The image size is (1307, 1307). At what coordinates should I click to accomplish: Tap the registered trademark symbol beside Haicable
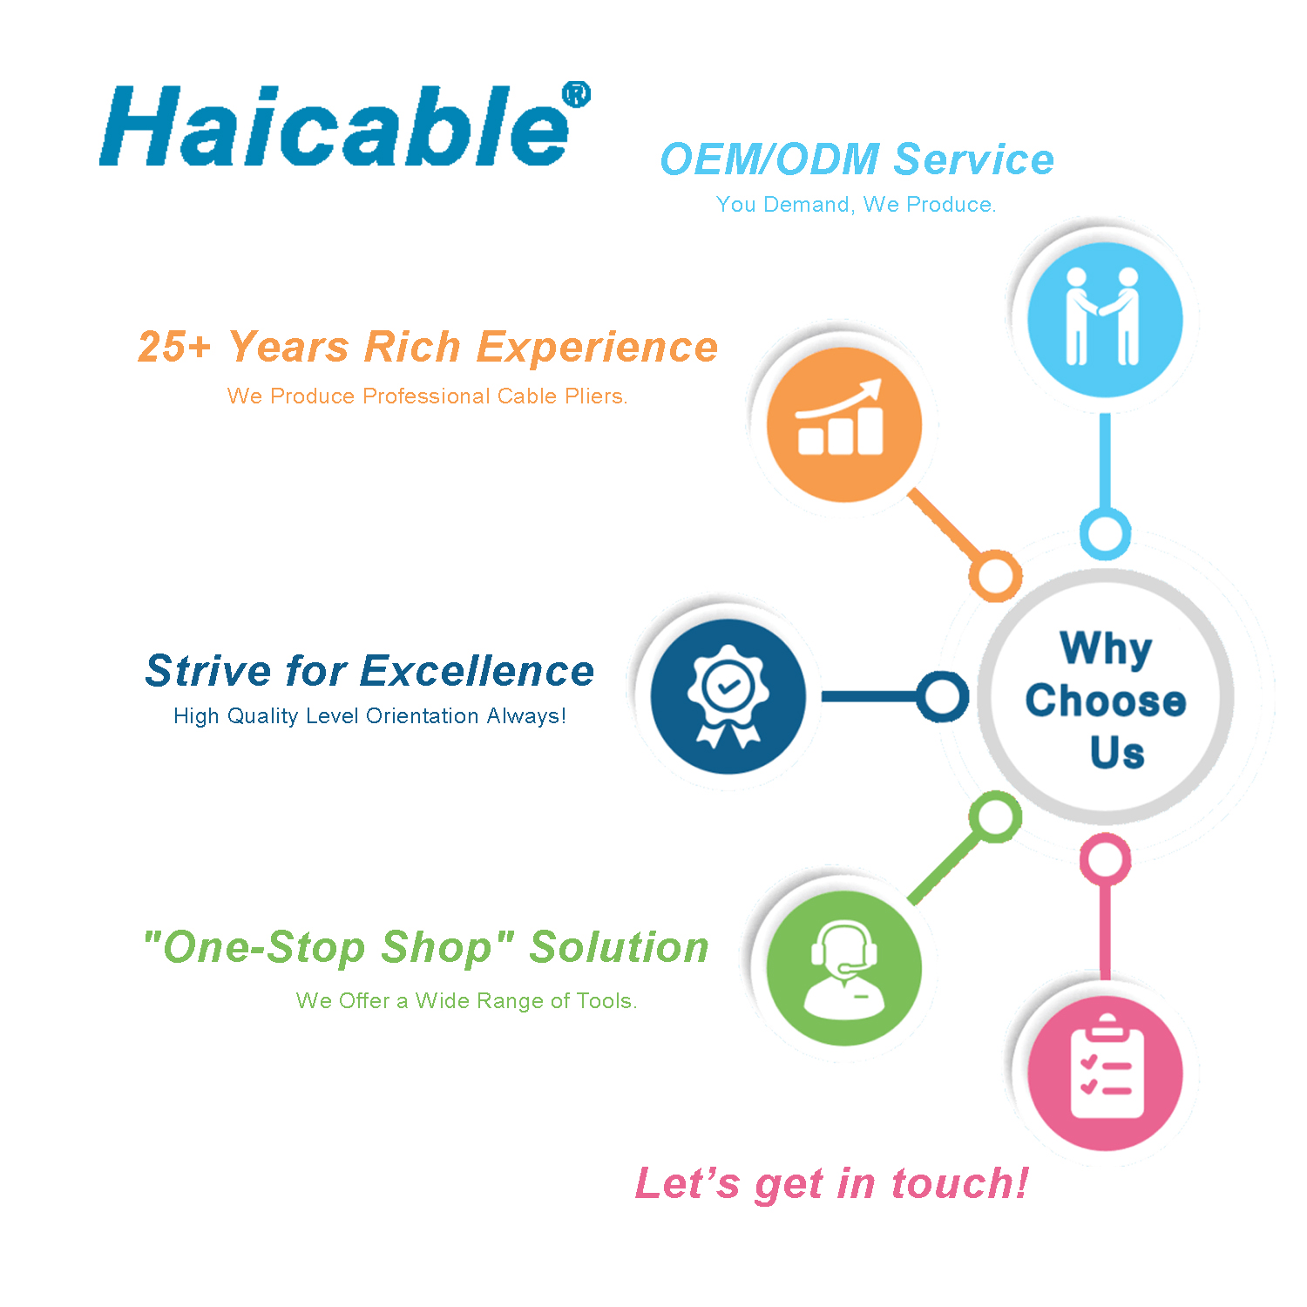click(x=576, y=94)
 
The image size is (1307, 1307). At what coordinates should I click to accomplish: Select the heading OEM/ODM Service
click(x=857, y=159)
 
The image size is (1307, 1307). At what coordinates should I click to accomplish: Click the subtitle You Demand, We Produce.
click(x=856, y=205)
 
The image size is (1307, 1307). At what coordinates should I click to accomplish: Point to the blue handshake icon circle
click(x=1105, y=319)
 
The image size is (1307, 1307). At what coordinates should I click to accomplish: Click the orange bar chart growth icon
click(x=843, y=424)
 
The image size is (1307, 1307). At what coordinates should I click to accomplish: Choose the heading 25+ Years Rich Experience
click(x=428, y=347)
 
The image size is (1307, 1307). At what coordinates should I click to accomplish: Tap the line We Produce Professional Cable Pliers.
click(x=427, y=396)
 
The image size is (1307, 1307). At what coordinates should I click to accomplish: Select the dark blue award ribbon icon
click(x=728, y=696)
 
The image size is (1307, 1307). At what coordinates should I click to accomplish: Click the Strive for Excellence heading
click(x=369, y=671)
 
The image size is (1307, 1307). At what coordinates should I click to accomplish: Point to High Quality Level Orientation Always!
click(x=369, y=716)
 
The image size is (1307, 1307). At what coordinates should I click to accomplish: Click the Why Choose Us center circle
click(x=1105, y=697)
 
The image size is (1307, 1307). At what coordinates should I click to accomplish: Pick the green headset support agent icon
click(x=843, y=968)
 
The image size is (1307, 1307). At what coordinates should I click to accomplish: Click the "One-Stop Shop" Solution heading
click(x=426, y=948)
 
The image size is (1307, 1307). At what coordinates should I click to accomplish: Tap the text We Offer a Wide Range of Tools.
click(x=467, y=1001)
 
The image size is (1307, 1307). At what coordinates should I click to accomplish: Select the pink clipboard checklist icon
click(x=1105, y=1073)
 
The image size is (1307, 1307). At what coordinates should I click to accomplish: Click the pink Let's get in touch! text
click(x=832, y=1184)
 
